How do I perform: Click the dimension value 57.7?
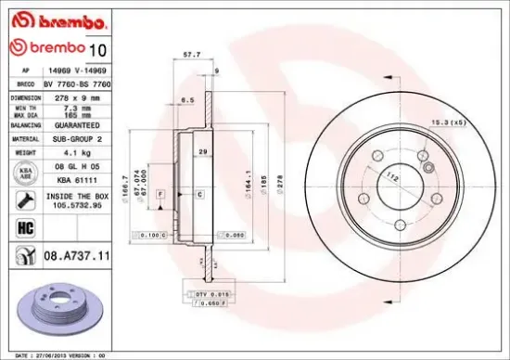(192, 55)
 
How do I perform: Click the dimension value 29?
(202, 150)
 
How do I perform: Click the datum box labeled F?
(159, 194)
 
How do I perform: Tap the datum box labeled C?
(199, 194)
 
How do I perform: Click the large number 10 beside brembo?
(102, 47)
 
